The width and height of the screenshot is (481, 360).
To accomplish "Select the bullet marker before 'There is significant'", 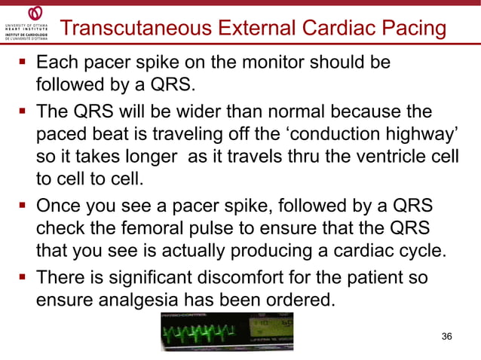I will (23, 278).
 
